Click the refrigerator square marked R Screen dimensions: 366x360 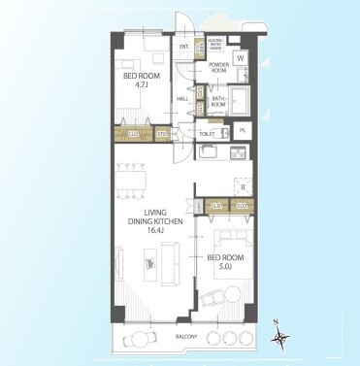pos(243,185)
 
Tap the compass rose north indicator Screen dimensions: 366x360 pos(281,336)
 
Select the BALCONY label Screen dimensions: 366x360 pos(186,337)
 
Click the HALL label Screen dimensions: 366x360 pos(183,100)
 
